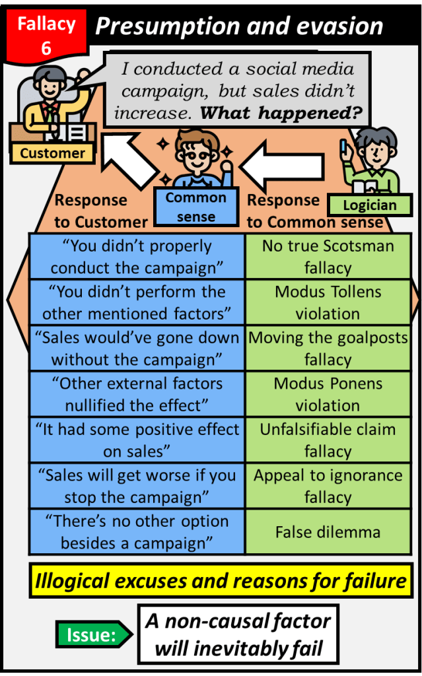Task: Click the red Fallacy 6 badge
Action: (46, 35)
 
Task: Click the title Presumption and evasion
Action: (239, 26)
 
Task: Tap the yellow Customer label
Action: (52, 153)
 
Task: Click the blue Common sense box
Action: (195, 207)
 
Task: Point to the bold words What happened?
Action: (281, 113)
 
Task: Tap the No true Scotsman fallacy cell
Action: (328, 257)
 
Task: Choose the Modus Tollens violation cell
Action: (328, 302)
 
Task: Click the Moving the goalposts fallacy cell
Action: (328, 349)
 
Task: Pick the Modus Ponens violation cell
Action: (328, 394)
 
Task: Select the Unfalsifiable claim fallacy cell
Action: (328, 440)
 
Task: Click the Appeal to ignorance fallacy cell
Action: (328, 486)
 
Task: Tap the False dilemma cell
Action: (328, 531)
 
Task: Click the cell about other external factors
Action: (137, 394)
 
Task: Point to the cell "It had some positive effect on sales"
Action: (137, 440)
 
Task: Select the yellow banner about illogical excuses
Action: (220, 582)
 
